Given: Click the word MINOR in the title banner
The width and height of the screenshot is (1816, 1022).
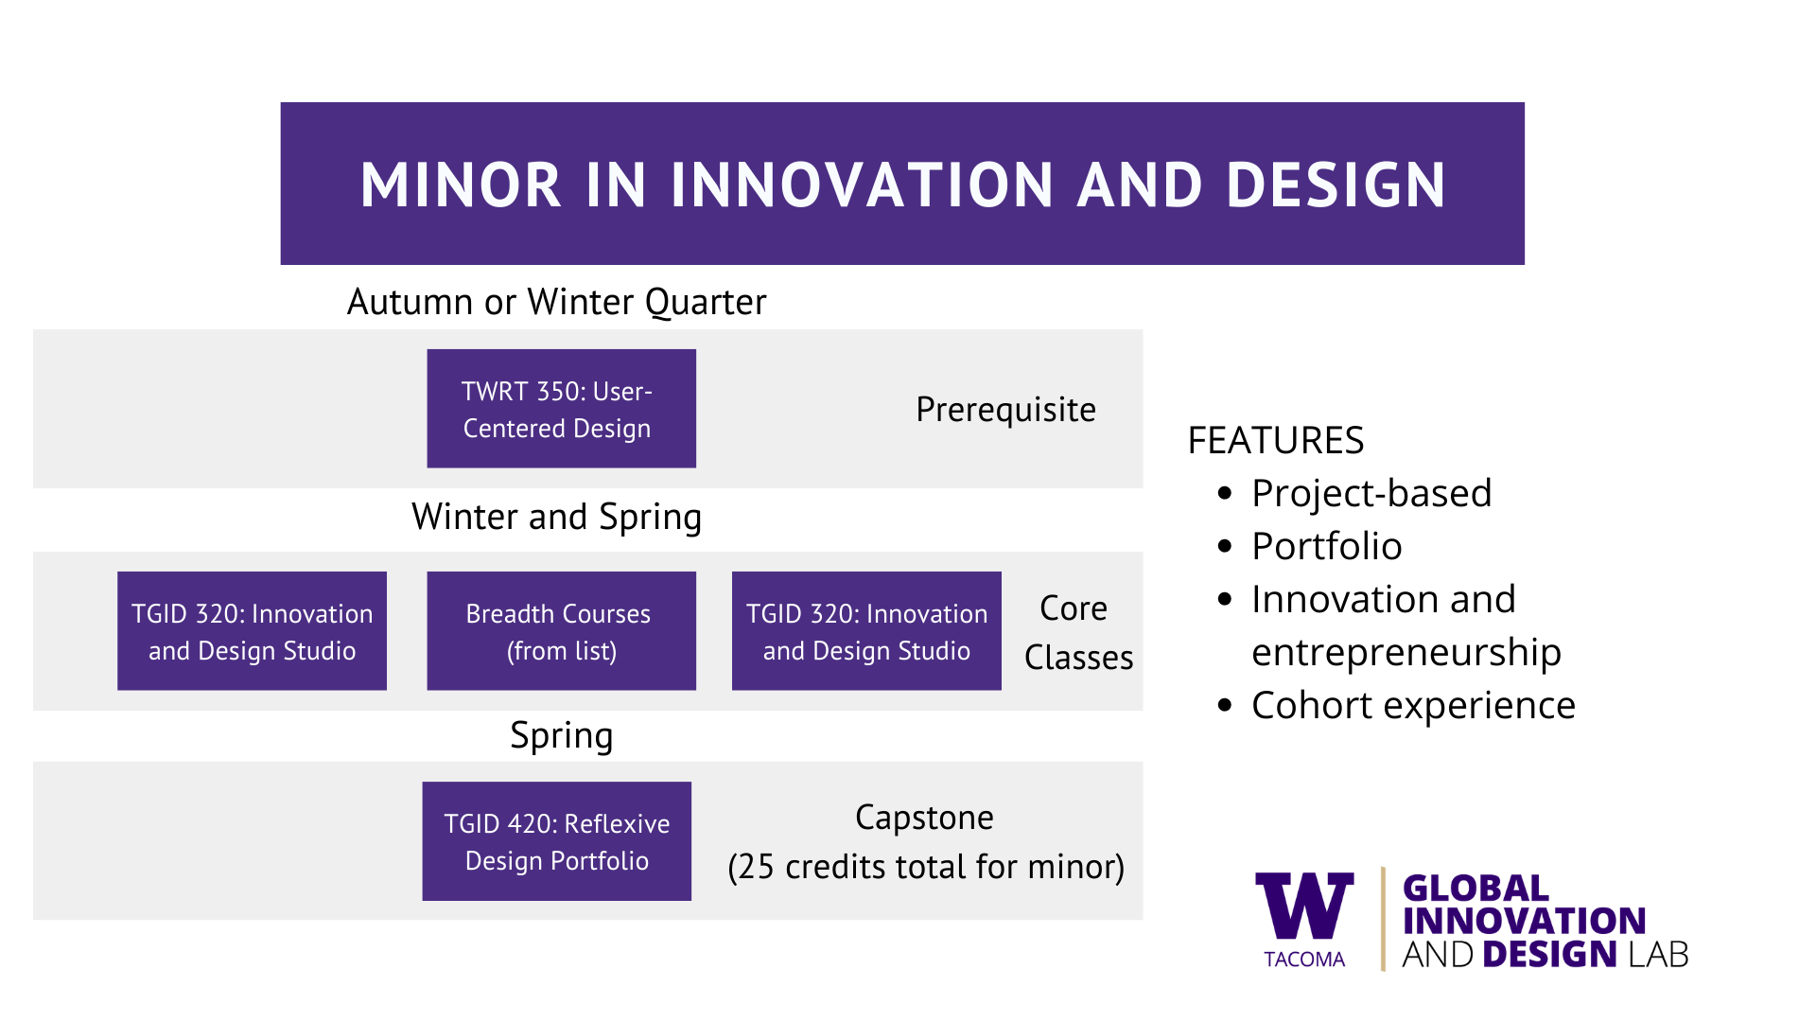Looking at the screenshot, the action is (x=462, y=185).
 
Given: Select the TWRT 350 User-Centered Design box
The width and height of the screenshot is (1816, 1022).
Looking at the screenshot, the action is (x=561, y=408).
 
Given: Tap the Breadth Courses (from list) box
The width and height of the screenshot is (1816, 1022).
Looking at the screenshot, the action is (x=561, y=630).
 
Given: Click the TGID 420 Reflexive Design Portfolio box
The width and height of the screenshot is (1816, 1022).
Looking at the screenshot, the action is (x=556, y=840).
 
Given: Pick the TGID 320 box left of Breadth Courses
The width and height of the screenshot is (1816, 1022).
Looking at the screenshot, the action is (x=252, y=630).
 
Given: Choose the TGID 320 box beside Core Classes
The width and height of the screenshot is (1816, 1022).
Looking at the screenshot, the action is (x=866, y=630).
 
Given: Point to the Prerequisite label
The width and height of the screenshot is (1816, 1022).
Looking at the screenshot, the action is (x=1006, y=410).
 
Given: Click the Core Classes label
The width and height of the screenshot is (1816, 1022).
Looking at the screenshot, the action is (x=1078, y=632).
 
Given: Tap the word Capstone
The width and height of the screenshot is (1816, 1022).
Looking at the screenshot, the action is (x=924, y=817).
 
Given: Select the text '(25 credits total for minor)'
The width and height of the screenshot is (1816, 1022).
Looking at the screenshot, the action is (x=926, y=867).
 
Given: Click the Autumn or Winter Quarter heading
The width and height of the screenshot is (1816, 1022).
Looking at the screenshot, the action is (x=556, y=302).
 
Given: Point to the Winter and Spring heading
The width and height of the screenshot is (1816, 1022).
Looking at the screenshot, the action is (x=556, y=517).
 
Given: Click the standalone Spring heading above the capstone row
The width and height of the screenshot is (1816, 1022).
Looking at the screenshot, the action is (x=562, y=736).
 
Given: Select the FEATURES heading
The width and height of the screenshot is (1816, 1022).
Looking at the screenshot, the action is (x=1276, y=440).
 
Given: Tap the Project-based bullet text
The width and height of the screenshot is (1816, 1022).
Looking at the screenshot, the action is (x=1371, y=493).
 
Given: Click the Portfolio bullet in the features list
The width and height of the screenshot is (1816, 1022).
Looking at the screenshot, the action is (x=1327, y=546).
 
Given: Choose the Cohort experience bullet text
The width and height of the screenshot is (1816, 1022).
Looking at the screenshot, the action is (x=1414, y=705).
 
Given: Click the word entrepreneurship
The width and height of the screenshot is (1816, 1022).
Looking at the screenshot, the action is (x=1406, y=653).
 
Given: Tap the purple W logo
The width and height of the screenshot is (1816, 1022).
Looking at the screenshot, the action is (x=1304, y=906).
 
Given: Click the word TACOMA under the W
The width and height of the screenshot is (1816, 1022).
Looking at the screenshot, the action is (x=1304, y=960).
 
